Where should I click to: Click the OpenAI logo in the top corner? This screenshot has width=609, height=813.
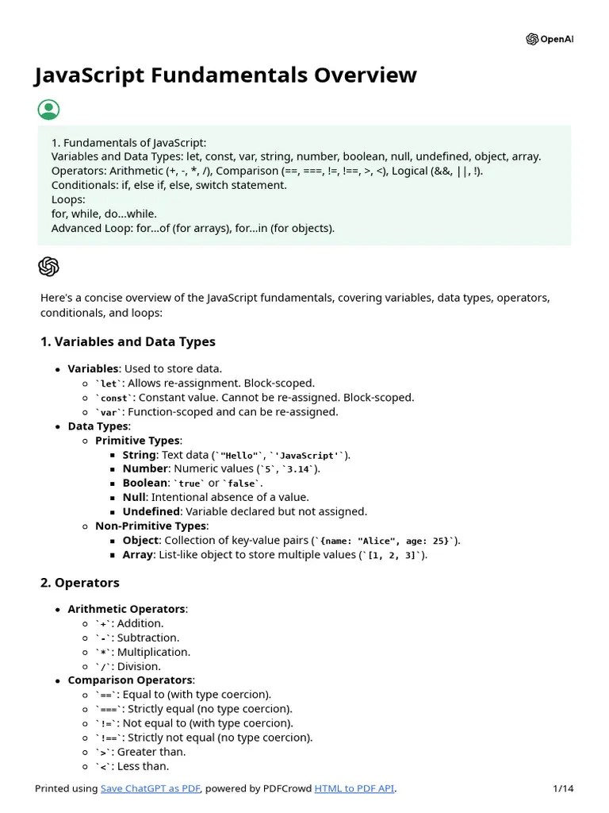click(x=550, y=40)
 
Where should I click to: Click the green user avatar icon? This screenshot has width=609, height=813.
click(x=48, y=110)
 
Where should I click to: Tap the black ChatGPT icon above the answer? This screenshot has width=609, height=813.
click(x=48, y=267)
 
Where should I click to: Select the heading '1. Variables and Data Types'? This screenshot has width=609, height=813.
click(x=128, y=341)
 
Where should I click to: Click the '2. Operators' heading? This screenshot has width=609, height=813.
click(x=79, y=583)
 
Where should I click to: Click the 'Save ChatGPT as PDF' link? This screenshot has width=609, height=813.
click(x=151, y=788)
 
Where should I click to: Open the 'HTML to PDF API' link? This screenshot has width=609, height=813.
click(x=354, y=788)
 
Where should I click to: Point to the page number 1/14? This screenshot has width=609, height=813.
click(x=562, y=788)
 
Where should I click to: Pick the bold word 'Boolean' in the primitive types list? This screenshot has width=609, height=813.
click(x=145, y=483)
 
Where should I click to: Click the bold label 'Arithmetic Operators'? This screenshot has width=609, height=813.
click(x=128, y=609)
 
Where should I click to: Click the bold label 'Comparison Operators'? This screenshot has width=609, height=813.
click(x=130, y=680)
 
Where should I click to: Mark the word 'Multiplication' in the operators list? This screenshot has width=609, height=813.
click(x=154, y=652)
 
